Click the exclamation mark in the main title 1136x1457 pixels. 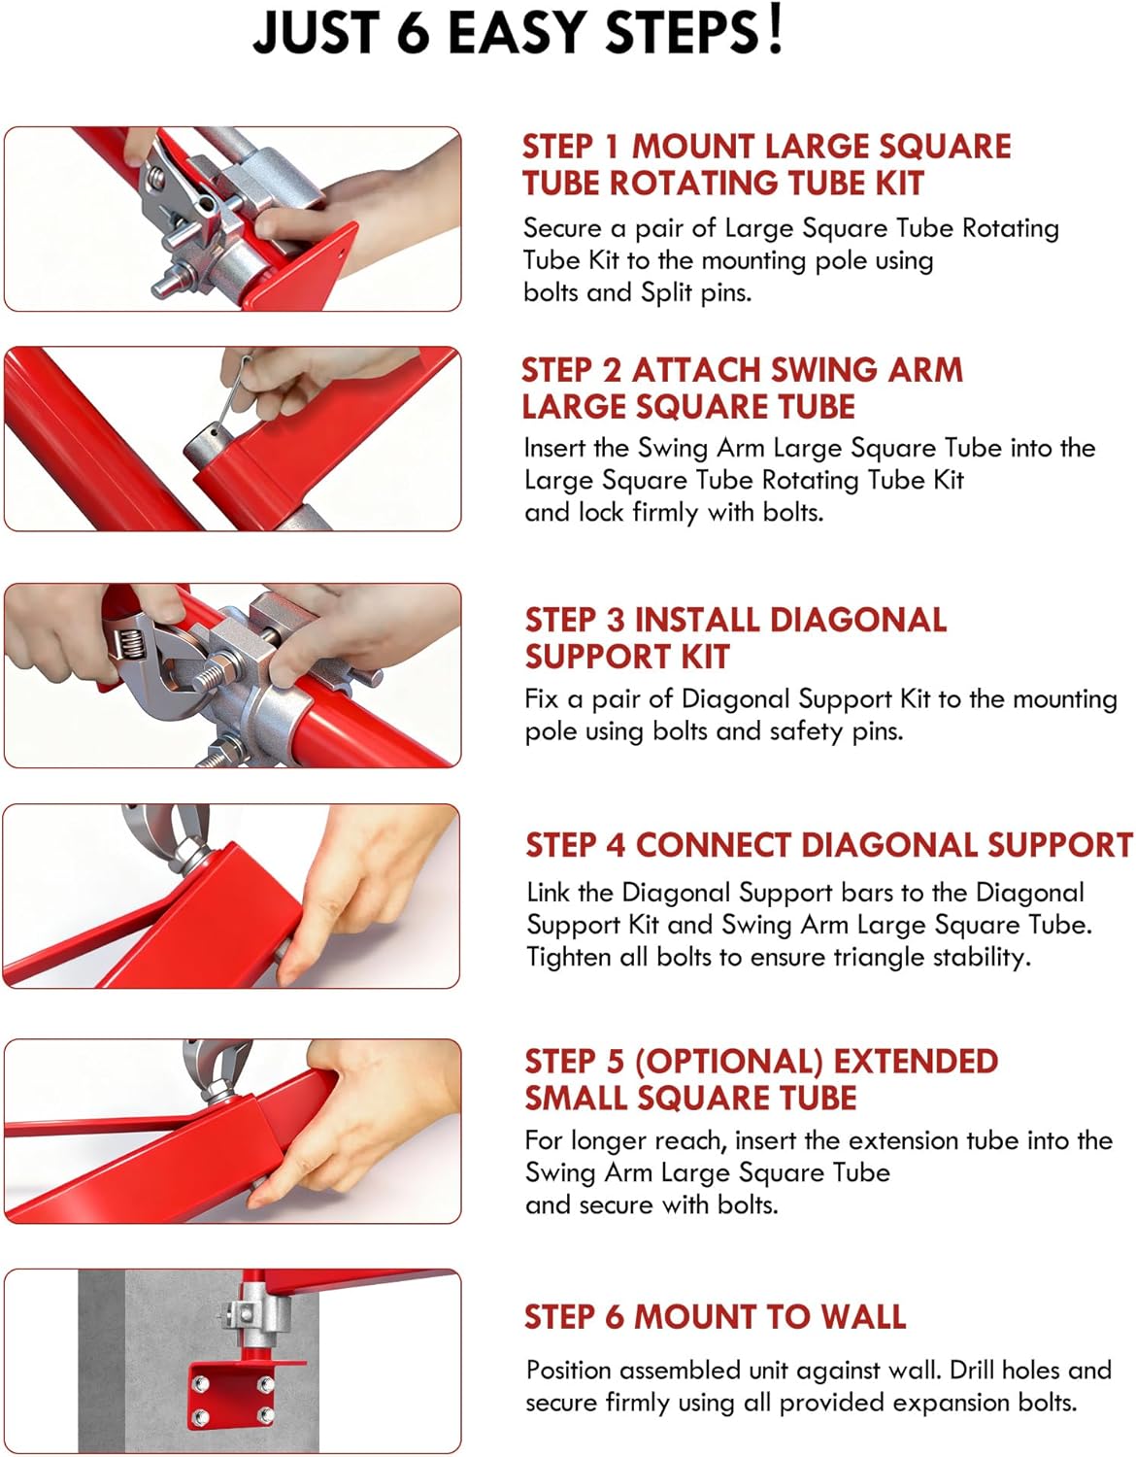[775, 29]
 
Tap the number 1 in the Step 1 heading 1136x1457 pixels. [611, 147]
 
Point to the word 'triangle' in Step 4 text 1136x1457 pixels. [879, 957]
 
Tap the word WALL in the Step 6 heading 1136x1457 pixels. [863, 1316]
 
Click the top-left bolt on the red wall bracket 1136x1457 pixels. [199, 1383]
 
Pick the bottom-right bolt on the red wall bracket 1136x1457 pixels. [265, 1416]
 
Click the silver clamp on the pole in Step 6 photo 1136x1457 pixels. [252, 1315]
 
